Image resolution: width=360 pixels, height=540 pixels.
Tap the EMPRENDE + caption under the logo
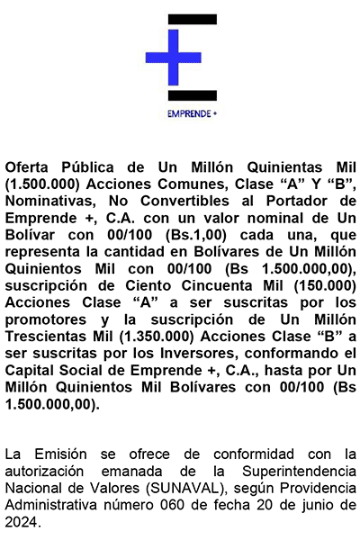[x=192, y=113]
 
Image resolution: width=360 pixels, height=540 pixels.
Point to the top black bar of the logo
[x=193, y=19]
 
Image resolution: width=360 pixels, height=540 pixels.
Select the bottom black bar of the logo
[x=193, y=94]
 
